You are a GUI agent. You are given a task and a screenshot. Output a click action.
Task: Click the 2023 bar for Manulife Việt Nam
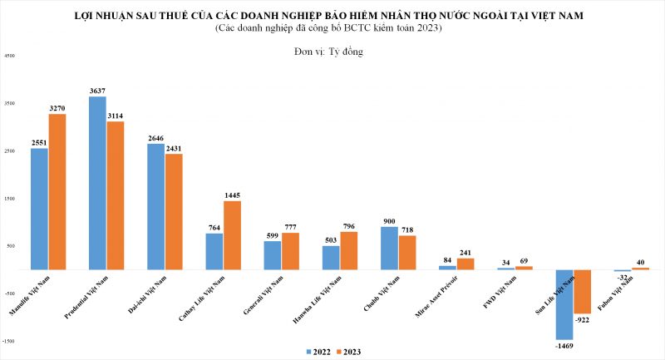tap(57, 191)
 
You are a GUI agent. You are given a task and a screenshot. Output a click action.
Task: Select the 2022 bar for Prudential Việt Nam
tap(97, 183)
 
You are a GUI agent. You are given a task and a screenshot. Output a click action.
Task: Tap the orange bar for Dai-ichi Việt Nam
tap(174, 211)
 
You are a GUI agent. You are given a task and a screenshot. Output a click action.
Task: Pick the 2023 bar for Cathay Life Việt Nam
tap(232, 235)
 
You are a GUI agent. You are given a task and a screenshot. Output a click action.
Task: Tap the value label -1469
tap(564, 345)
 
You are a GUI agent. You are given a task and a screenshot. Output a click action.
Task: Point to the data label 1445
tap(233, 195)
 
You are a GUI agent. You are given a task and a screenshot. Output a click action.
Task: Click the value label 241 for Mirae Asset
tap(465, 253)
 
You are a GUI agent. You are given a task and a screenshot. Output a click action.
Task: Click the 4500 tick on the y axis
tap(9, 56)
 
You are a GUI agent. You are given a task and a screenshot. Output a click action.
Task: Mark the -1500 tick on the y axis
tap(9, 341)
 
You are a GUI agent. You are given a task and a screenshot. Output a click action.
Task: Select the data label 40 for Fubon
tap(640, 261)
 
